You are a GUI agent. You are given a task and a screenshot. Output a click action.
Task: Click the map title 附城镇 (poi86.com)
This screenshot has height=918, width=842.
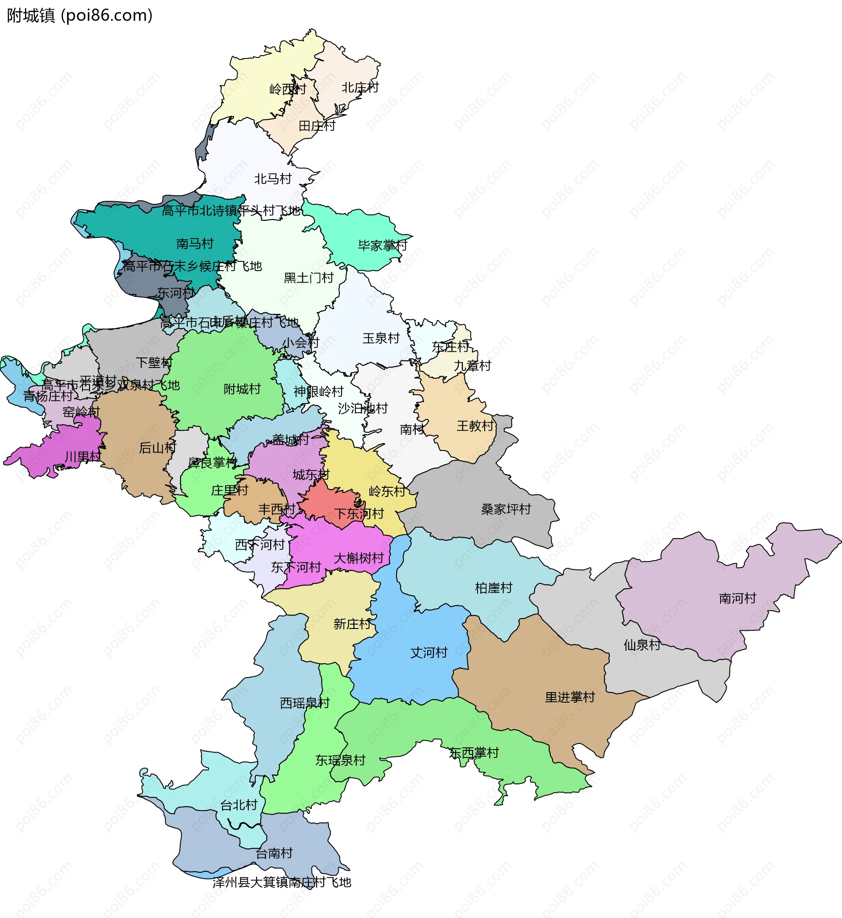(80, 15)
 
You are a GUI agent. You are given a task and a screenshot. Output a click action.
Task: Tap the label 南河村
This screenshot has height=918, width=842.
(737, 598)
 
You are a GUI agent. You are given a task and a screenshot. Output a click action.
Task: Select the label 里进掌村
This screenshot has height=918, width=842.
(570, 697)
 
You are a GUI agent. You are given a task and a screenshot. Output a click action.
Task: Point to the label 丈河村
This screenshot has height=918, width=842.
(429, 652)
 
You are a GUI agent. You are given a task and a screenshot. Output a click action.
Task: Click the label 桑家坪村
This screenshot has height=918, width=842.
(506, 509)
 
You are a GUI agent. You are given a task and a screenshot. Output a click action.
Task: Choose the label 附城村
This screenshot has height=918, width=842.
(242, 389)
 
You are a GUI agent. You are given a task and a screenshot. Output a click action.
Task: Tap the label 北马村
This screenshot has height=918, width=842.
(272, 179)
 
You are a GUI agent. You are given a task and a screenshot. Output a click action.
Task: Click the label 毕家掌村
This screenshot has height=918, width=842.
(382, 246)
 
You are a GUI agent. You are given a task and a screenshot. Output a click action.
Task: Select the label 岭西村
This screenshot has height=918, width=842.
(288, 89)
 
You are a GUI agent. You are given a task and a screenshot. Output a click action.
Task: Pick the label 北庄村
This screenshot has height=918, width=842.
(360, 87)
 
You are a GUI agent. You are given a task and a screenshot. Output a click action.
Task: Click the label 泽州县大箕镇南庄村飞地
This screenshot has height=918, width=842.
(282, 882)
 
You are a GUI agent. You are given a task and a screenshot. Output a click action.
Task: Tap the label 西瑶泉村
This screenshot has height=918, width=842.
(304, 703)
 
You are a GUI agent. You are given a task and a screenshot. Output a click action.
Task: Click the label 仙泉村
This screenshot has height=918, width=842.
(642, 645)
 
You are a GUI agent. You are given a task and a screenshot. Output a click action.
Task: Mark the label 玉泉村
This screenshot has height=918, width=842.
(381, 338)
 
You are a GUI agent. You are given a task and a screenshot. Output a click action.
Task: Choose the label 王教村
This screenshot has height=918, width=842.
(475, 425)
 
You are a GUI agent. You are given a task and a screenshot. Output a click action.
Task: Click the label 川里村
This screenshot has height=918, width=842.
(83, 456)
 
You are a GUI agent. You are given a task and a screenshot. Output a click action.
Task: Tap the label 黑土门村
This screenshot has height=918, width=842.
(308, 278)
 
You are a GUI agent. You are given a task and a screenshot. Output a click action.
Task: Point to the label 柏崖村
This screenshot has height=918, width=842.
(493, 588)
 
